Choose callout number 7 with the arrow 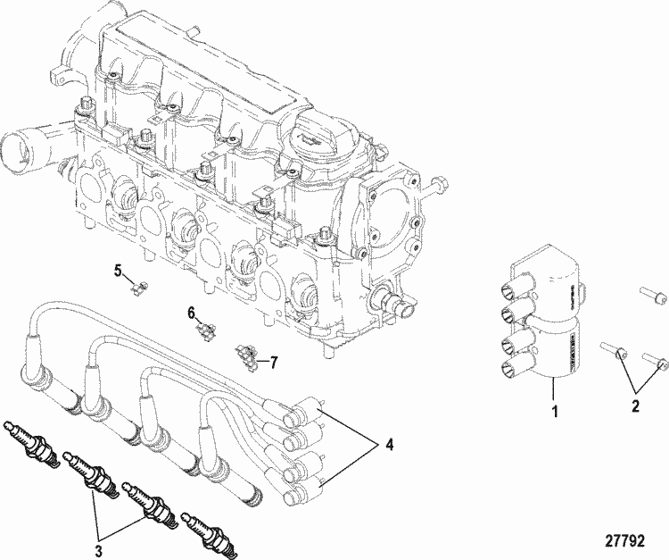point(274,362)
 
